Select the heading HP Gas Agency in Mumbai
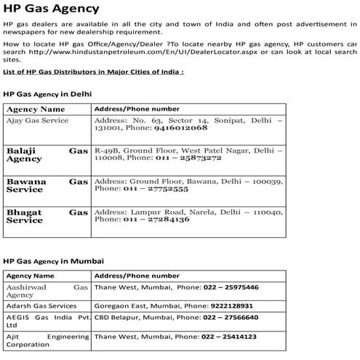pos(53,260)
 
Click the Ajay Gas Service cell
pos(37,119)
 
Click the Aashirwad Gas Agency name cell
pos(47,292)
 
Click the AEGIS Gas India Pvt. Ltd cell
pos(47,322)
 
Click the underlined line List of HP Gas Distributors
pos(93,73)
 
